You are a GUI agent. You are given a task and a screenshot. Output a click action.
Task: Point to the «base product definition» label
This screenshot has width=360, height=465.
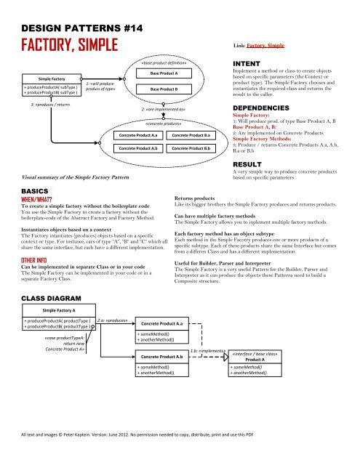click(x=164, y=63)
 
